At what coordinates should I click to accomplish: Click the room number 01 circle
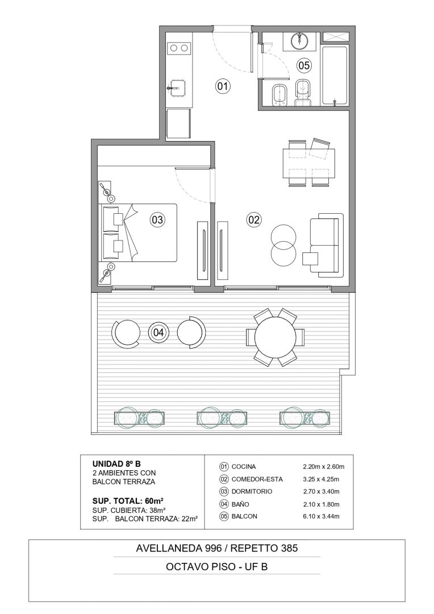pos(223,85)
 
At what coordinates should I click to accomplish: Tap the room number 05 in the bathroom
pos(304,65)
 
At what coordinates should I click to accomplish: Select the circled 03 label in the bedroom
pos(157,219)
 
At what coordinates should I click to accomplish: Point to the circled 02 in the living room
pos(254,219)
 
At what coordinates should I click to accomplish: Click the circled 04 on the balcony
pos(158,333)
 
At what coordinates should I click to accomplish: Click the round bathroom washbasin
pos(300,41)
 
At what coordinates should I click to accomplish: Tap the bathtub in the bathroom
pos(335,76)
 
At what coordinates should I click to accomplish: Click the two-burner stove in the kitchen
pos(178,48)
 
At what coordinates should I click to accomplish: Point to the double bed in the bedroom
pos(139,232)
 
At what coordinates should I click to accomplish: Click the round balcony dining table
pos(276,337)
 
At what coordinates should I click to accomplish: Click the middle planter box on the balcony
pos(223,417)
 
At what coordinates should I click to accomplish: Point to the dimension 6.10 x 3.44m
pos(321,516)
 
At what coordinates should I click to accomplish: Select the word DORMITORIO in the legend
pos(252,491)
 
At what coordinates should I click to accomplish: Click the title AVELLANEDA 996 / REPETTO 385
pos(217,548)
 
